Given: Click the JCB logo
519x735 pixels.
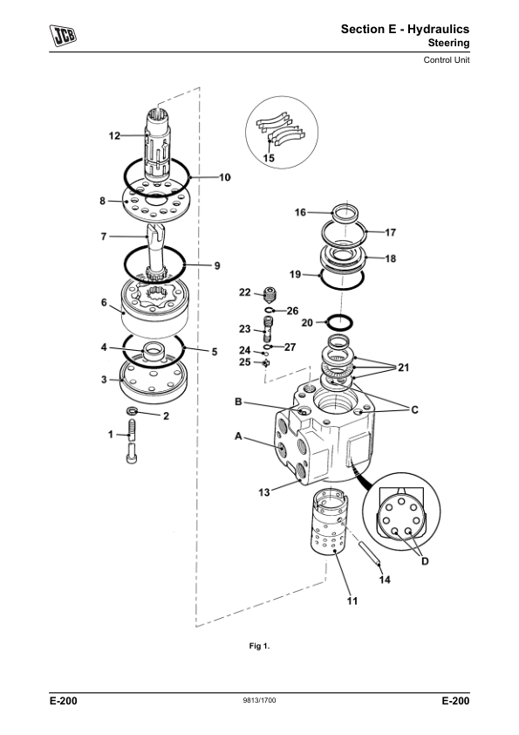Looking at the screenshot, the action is [x=63, y=35].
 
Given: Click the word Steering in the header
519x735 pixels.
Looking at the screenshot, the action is [x=448, y=43].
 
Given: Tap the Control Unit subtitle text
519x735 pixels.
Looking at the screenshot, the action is [x=446, y=60].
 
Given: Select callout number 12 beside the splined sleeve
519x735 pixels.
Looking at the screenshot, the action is [x=114, y=136].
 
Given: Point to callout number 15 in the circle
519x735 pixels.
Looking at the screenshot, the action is [x=269, y=158].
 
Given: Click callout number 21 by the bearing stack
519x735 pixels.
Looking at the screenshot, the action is [x=403, y=367].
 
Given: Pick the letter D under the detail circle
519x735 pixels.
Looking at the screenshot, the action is [x=425, y=561].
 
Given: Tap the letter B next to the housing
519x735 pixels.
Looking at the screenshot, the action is [x=238, y=402].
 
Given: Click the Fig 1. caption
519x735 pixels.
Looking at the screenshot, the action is [x=259, y=647].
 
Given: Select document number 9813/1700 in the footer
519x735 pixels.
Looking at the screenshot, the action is [x=259, y=700].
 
